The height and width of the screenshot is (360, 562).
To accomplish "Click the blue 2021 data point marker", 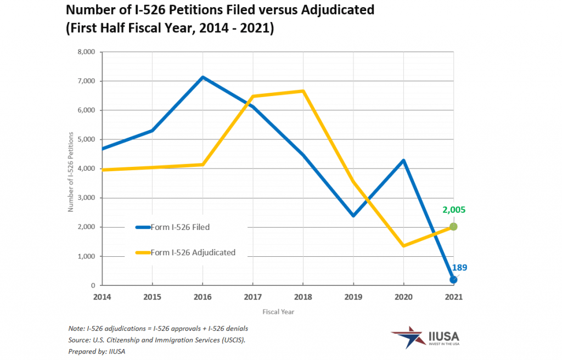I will (x=453, y=280).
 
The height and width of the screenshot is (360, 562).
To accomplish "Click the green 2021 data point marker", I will (x=453, y=227).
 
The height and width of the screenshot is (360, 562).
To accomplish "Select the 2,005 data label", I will (x=454, y=210).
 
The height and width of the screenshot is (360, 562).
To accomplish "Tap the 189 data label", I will (x=459, y=268).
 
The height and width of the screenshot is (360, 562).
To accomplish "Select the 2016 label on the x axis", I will (x=202, y=296).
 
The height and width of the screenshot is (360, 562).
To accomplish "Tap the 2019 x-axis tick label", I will (x=353, y=296).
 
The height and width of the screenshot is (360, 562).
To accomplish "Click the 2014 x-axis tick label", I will (x=102, y=296).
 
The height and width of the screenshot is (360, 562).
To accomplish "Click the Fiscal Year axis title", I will (x=278, y=312).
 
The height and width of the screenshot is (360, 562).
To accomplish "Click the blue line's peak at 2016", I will (x=203, y=77).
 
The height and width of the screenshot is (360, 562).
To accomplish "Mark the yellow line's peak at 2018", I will (x=303, y=91).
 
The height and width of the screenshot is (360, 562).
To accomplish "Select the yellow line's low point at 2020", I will (x=403, y=246).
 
